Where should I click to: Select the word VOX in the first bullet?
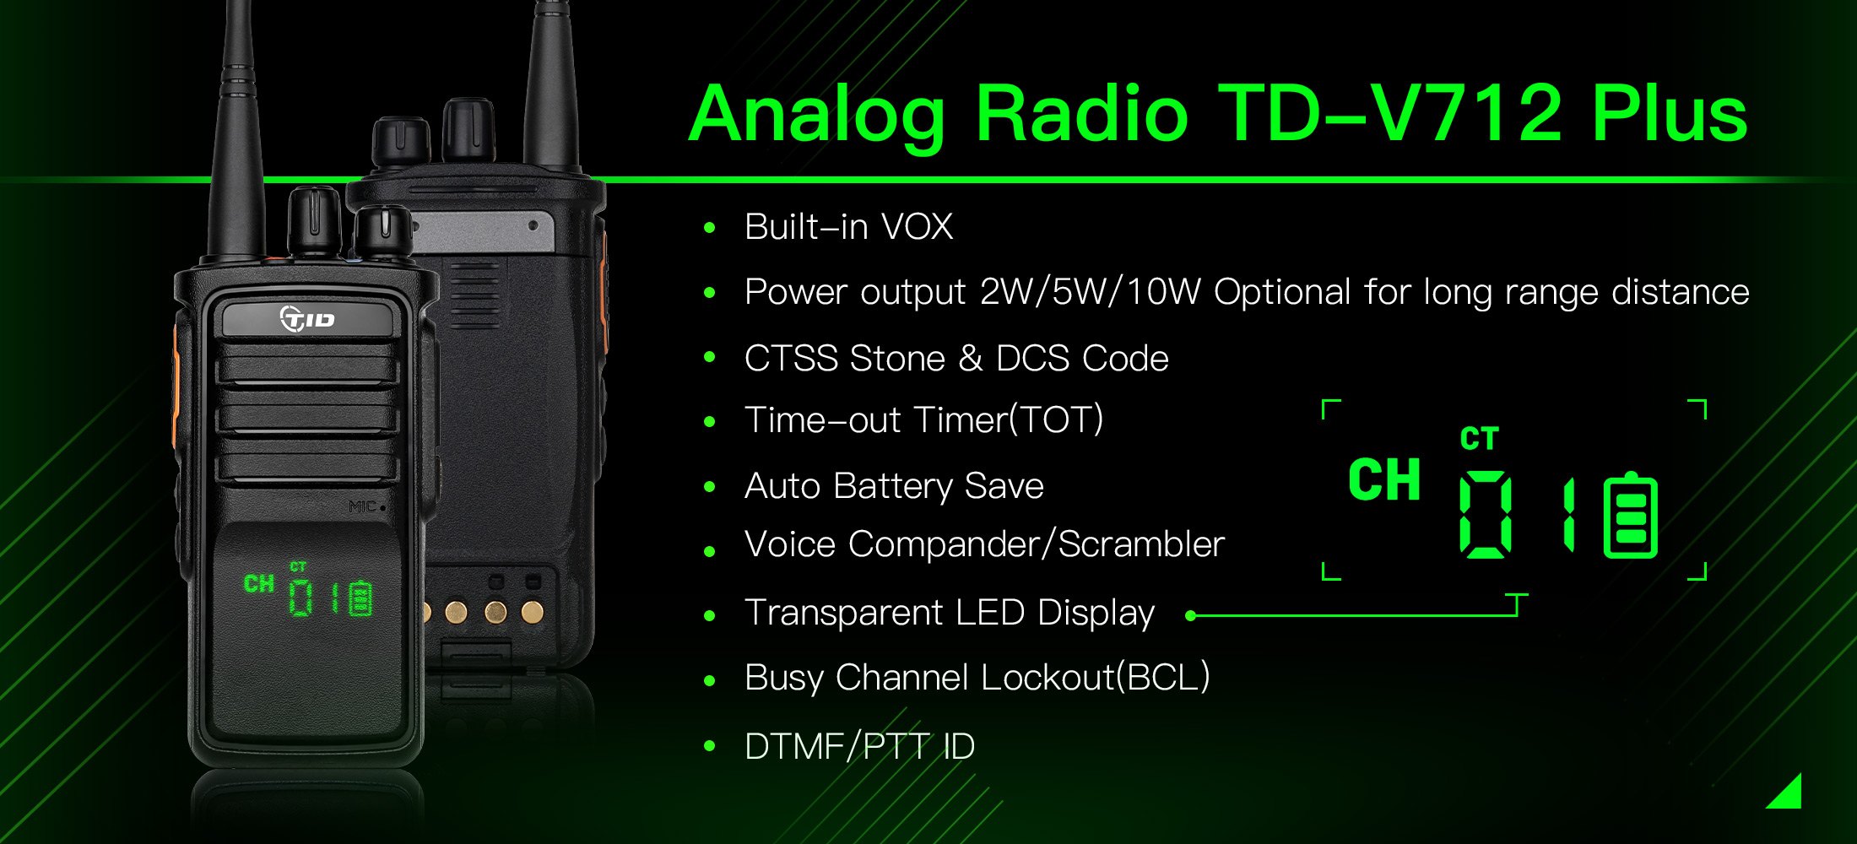[x=917, y=227]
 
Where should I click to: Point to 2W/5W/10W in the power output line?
[x=1090, y=292]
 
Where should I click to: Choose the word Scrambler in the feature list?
[x=1141, y=544]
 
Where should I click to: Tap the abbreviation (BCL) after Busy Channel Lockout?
[x=1163, y=678]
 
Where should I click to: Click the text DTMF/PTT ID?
[x=859, y=747]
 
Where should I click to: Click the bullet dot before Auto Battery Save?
[x=709, y=487]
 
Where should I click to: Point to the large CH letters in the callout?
[x=1384, y=481]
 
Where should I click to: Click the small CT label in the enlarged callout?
[x=1479, y=439]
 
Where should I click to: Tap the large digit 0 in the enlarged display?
[x=1486, y=514]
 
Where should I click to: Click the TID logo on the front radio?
[x=307, y=319]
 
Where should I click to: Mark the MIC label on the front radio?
[x=365, y=507]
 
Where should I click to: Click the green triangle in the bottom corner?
[x=1789, y=794]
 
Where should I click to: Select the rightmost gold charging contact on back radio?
[x=532, y=611]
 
